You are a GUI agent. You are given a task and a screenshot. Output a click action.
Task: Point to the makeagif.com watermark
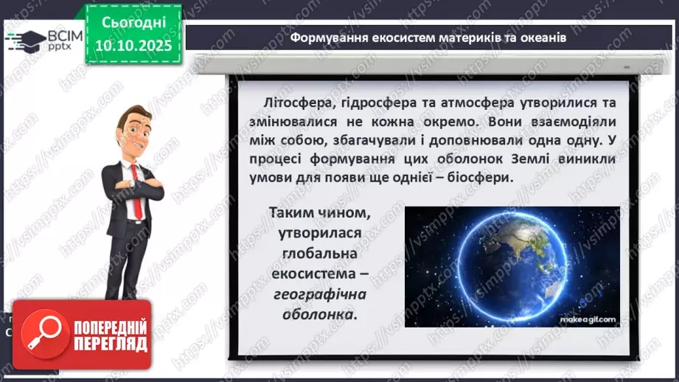pos(591,318)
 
